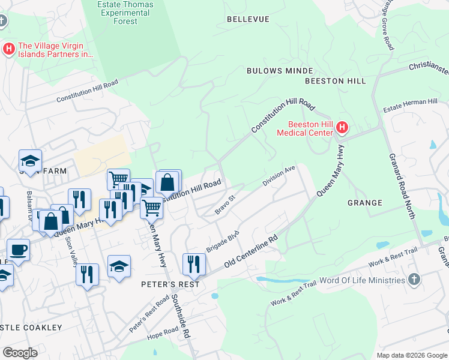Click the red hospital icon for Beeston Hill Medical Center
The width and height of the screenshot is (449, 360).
click(342, 127)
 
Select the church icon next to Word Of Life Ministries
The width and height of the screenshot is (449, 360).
click(414, 280)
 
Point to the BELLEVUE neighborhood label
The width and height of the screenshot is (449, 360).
click(248, 19)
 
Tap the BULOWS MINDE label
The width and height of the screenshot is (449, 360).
click(271, 71)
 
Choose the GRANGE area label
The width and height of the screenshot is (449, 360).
click(364, 203)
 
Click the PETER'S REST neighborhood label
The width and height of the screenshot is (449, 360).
click(170, 284)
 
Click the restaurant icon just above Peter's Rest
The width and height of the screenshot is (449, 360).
click(194, 263)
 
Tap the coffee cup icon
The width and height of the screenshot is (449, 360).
click(18, 249)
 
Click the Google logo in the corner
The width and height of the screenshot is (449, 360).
click(20, 353)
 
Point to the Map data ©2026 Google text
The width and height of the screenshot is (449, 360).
click(411, 355)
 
